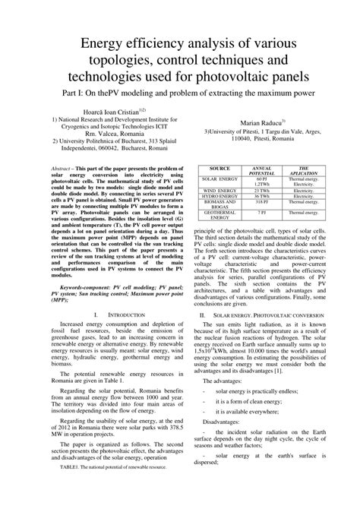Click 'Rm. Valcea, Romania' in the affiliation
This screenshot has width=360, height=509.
pos(101,134)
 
